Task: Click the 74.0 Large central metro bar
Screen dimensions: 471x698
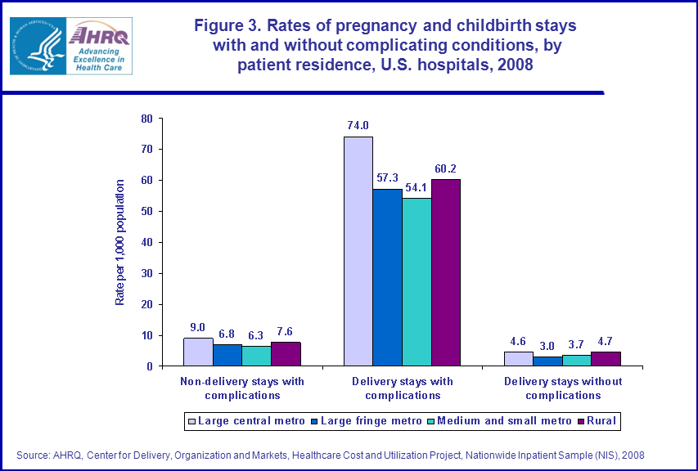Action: (358, 251)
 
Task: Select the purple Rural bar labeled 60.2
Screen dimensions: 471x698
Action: (446, 272)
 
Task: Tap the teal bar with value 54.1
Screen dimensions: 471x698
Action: (417, 282)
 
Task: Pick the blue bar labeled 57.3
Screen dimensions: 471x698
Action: (387, 277)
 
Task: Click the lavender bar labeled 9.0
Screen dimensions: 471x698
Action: (198, 352)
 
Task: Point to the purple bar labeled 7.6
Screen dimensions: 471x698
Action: (286, 354)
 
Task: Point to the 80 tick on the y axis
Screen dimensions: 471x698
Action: (146, 119)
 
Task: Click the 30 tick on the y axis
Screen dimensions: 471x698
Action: (146, 273)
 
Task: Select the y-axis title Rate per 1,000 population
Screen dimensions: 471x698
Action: (119, 243)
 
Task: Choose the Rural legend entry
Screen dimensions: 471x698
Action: (601, 421)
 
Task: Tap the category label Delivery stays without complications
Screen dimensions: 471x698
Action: (563, 388)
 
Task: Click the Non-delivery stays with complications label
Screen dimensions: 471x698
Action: (241, 388)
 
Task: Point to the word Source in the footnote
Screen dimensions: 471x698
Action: (32, 455)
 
